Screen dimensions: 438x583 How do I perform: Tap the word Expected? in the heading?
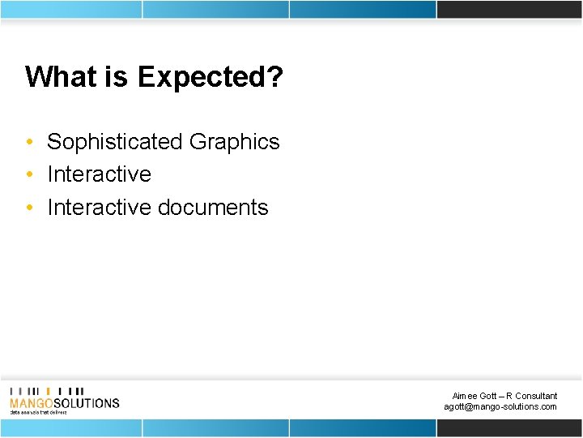coord(211,77)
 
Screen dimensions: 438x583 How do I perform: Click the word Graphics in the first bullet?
coord(234,142)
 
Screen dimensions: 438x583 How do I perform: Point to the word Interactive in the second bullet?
coord(99,174)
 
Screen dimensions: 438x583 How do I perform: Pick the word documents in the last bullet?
coord(213,208)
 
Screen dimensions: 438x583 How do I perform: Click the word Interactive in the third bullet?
coord(99,208)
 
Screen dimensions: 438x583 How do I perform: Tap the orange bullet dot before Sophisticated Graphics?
coord(29,143)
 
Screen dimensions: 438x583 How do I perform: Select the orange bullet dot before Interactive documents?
coord(29,208)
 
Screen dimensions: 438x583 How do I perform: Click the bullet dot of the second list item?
coord(29,175)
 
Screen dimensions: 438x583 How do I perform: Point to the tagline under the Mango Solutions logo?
coord(38,412)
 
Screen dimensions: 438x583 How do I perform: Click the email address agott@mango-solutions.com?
coord(500,406)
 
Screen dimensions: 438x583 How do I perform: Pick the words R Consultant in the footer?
coord(531,396)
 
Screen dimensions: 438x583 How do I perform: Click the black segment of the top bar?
coord(509,9)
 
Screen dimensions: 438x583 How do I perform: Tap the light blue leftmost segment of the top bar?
coord(70,9)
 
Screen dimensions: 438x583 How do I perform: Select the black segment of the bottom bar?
coord(509,427)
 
